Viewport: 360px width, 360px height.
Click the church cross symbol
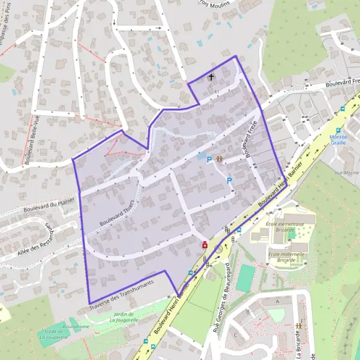(211, 77)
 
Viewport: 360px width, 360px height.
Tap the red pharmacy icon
(205, 245)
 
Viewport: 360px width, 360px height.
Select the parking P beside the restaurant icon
(209, 160)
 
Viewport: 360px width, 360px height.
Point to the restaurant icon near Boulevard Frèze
(219, 159)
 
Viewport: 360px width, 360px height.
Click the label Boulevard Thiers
(115, 212)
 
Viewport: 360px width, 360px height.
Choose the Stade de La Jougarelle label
(51, 334)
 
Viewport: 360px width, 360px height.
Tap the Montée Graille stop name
(338, 139)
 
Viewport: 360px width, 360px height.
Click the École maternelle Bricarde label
(286, 256)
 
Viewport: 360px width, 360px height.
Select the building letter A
(277, 301)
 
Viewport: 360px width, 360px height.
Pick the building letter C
(236, 335)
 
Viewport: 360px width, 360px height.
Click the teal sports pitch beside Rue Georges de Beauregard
(245, 278)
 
